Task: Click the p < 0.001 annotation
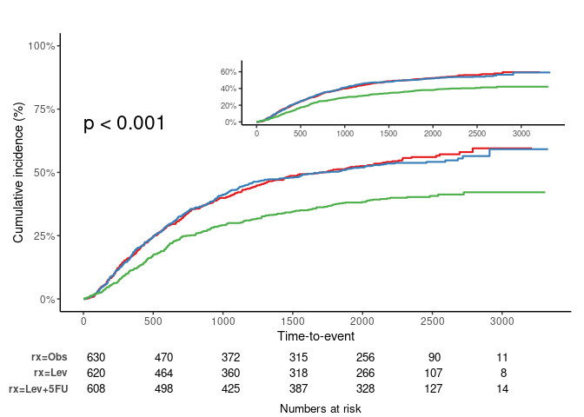point(124,123)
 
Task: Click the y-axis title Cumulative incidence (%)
point(18,172)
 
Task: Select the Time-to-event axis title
point(315,335)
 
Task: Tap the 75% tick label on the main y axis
point(45,109)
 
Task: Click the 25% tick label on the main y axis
point(45,235)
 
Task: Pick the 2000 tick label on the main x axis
point(362,319)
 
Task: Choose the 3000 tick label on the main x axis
point(502,319)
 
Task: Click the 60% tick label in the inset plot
point(229,72)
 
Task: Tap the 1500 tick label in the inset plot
point(388,135)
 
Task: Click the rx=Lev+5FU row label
point(37,389)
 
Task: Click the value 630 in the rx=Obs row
point(96,357)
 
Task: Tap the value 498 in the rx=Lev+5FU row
point(164,388)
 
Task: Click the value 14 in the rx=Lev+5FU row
point(502,388)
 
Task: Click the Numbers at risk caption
point(320,407)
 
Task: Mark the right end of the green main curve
point(544,192)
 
